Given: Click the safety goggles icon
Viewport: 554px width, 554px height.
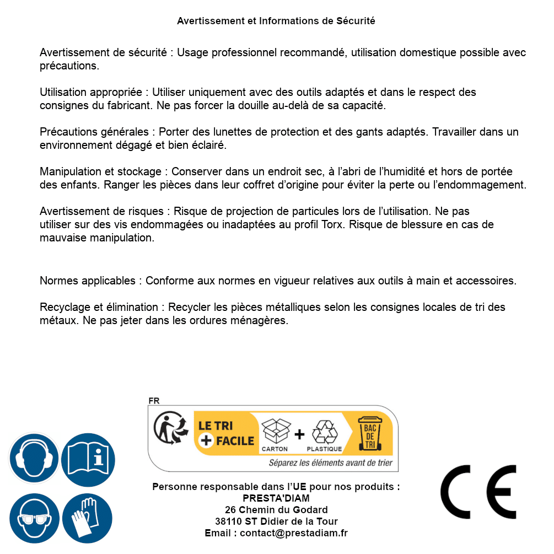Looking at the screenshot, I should [34, 518].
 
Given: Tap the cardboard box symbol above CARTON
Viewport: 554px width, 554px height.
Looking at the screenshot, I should [275, 430].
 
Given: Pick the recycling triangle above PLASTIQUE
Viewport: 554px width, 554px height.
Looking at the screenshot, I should [324, 432].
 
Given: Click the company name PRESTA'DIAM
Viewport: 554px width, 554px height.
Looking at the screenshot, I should [276, 498].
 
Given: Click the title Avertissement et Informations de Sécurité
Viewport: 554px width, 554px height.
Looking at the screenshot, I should [276, 21].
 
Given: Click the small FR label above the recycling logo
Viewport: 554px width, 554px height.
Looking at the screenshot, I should [154, 401].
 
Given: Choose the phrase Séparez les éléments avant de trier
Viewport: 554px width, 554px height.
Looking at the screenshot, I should [331, 463].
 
